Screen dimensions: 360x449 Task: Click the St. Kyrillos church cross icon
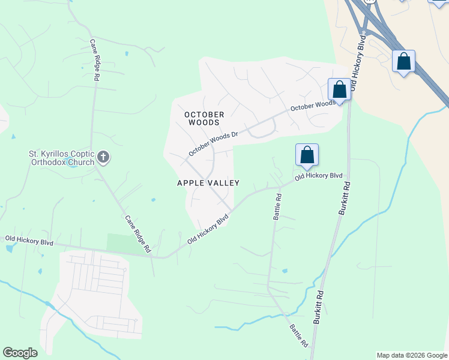(103, 158)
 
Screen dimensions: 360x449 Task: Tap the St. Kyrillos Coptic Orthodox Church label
(62, 158)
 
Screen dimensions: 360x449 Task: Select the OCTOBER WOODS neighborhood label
(204, 118)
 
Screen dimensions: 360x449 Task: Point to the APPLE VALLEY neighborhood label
(208, 183)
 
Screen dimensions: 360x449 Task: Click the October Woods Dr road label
(213, 144)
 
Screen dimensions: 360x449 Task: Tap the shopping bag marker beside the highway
(404, 62)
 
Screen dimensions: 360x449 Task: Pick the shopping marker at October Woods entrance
(339, 91)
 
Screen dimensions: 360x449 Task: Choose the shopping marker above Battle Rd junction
(307, 155)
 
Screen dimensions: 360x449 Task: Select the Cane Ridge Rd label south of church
(137, 233)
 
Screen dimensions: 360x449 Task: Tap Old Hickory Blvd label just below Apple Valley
(208, 229)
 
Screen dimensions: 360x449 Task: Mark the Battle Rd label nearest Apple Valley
(278, 205)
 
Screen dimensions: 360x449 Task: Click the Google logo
(20, 353)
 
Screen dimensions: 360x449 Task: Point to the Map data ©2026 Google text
(412, 355)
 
